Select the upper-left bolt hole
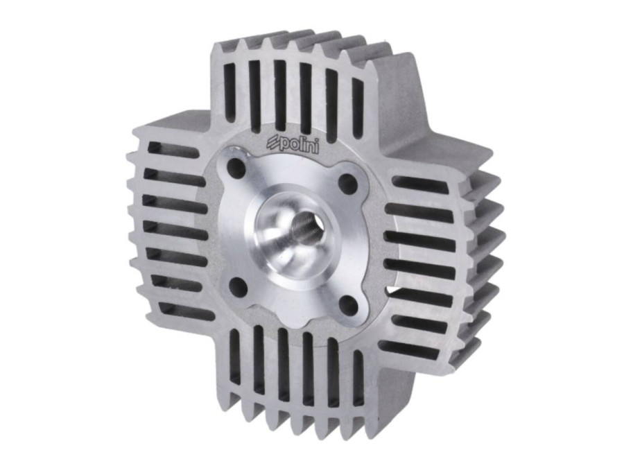pos(235,168)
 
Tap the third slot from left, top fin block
pos(280,96)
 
